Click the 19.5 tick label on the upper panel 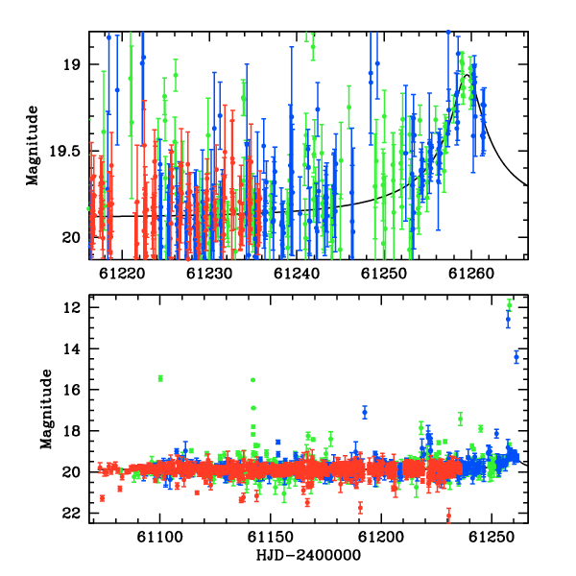click(x=64, y=151)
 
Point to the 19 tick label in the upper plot click(x=71, y=64)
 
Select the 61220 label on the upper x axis click(x=122, y=274)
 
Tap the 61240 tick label click(x=297, y=274)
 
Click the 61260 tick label click(x=471, y=274)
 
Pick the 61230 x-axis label click(x=209, y=274)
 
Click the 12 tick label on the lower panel click(x=71, y=308)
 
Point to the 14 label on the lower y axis click(x=71, y=349)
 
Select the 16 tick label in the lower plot click(x=71, y=390)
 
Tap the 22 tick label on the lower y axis click(x=71, y=514)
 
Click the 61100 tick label click(x=159, y=538)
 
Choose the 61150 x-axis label click(x=271, y=538)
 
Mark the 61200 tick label click(x=381, y=538)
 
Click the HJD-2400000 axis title click(x=308, y=555)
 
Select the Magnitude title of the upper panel click(x=33, y=146)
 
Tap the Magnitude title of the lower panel click(x=46, y=409)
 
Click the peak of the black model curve click(x=467, y=75)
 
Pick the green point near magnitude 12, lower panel click(x=509, y=305)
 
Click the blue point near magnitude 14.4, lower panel click(x=516, y=357)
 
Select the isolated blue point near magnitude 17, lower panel click(x=365, y=412)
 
